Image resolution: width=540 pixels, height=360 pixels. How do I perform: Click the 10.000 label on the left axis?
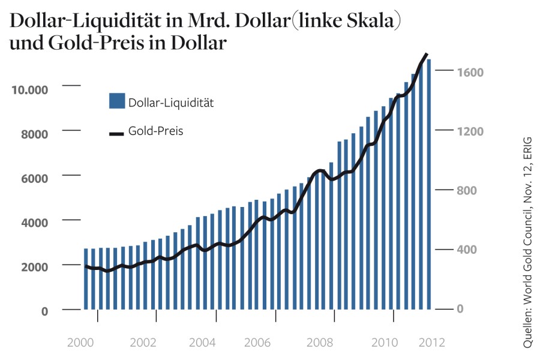click(29, 89)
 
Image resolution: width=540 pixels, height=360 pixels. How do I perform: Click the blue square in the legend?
click(116, 101)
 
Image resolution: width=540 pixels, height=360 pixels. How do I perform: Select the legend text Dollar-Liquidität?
click(171, 103)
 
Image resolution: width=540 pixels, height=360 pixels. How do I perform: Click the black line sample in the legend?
click(116, 133)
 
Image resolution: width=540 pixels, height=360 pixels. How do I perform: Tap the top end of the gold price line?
click(426, 55)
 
